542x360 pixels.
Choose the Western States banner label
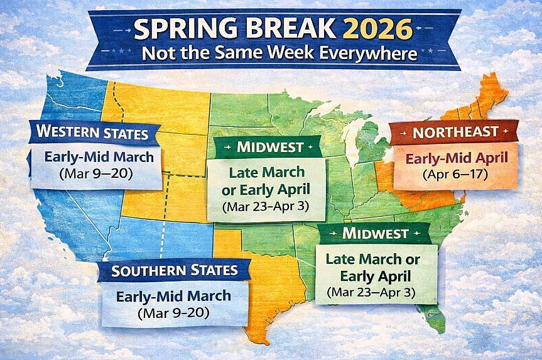point(92,133)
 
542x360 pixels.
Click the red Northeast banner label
point(455,133)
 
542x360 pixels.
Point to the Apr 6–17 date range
point(455,173)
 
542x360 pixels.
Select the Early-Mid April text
point(455,158)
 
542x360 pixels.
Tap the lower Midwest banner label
point(375,234)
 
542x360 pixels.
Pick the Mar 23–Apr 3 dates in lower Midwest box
point(371,292)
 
